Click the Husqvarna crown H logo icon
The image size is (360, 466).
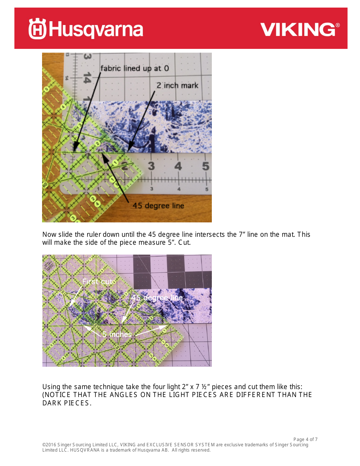coord(37,29)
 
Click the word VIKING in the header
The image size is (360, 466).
coord(297,30)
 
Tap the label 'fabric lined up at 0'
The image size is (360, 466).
coord(135,69)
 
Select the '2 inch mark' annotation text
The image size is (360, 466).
coord(177,85)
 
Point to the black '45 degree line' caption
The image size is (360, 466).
coord(158,206)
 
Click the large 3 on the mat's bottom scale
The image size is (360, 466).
coord(151,166)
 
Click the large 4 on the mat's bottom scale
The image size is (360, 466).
coord(178,166)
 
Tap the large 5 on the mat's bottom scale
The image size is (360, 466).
coord(205,166)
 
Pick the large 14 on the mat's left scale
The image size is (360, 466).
coord(87,78)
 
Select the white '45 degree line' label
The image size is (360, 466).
coord(157,298)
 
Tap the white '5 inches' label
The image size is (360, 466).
coord(117,334)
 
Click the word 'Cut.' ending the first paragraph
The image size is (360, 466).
coord(185,242)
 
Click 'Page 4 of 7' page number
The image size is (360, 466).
coord(305,439)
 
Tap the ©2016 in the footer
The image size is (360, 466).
coord(49,445)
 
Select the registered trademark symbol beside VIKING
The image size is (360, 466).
coord(338,25)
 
